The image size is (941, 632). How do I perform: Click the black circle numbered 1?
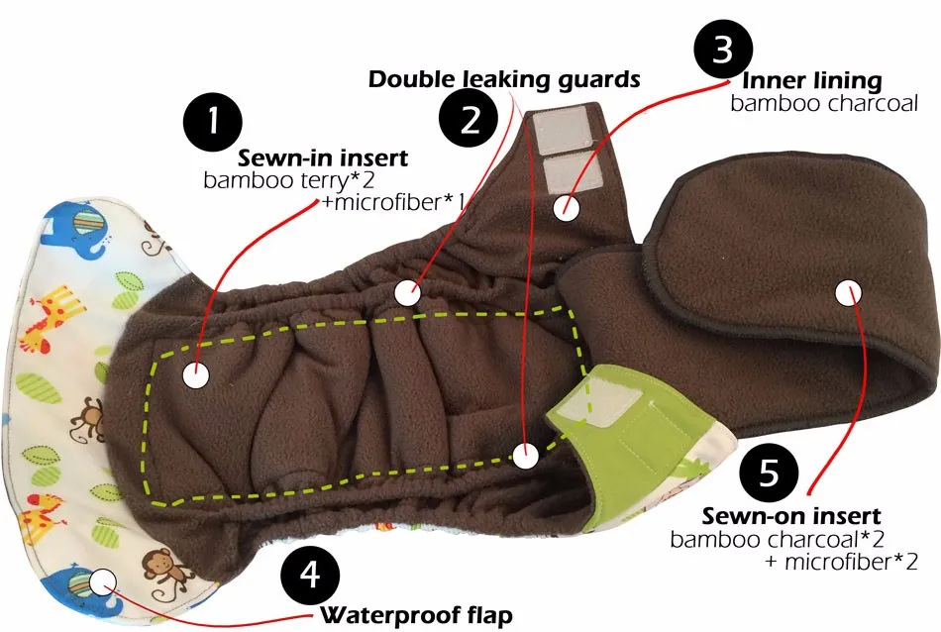(213, 121)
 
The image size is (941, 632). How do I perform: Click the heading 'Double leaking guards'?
(504, 79)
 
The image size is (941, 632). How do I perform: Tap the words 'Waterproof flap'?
(415, 616)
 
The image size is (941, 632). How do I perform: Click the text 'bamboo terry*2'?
(268, 180)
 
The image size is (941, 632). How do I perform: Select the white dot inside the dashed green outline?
(196, 375)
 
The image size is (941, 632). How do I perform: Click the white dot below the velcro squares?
(566, 208)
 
